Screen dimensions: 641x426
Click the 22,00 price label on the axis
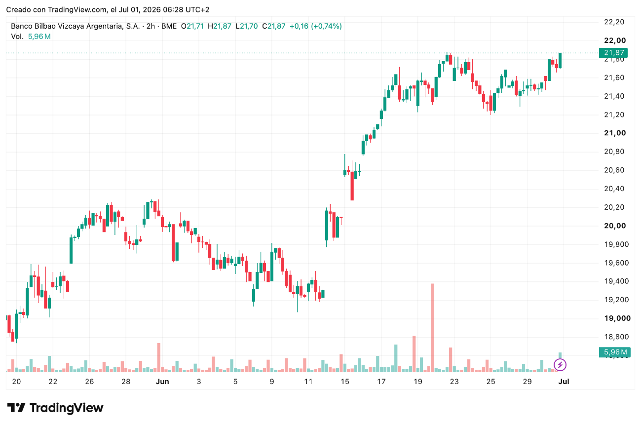[x=615, y=40]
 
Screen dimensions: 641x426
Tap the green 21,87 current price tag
[x=613, y=53]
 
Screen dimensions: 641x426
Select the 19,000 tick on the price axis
[x=617, y=318]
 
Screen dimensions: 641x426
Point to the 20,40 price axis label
[x=614, y=189]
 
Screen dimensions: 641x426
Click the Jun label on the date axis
[x=162, y=382]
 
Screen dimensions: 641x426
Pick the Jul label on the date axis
[x=564, y=382]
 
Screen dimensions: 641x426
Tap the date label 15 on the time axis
[x=345, y=382]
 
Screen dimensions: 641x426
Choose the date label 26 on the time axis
[x=89, y=382]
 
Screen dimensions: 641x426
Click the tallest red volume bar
[x=432, y=328]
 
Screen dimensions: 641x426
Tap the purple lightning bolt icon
[x=560, y=365]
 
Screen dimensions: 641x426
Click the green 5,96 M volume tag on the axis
[x=613, y=352]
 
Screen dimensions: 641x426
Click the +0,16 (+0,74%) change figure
[x=316, y=26]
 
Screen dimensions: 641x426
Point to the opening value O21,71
[x=192, y=26]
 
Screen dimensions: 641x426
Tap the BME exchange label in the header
[x=169, y=26]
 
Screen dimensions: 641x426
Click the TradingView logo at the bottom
[x=55, y=408]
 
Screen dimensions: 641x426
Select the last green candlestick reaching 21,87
[x=560, y=60]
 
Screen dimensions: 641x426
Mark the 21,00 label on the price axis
[x=615, y=133]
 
